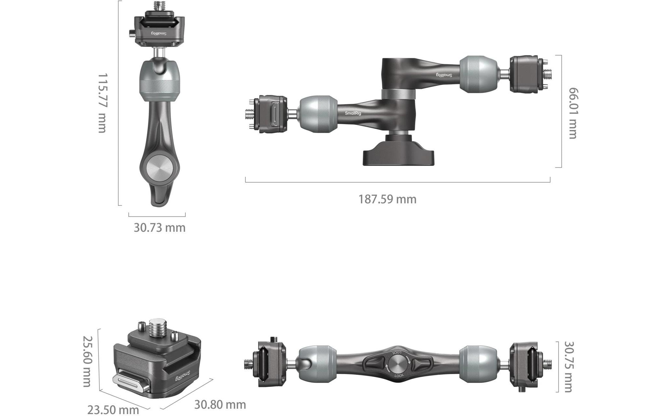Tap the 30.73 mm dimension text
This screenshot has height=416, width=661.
160,227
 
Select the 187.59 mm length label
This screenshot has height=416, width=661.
387,199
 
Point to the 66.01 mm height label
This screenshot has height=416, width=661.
573,113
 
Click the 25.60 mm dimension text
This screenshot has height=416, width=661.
87,361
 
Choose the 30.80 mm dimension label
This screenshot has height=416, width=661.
220,405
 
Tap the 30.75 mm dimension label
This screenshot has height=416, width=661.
569,367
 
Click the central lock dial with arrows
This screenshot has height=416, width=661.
398,363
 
